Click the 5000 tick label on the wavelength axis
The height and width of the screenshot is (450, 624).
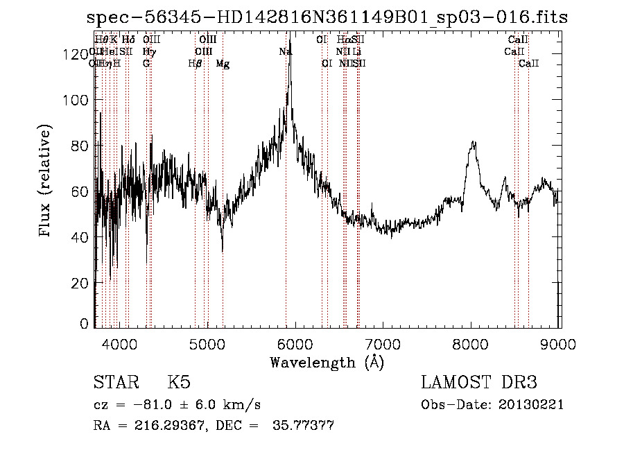click(207, 343)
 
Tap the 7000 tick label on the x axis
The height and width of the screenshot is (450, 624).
click(383, 343)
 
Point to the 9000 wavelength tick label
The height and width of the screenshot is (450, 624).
click(560, 343)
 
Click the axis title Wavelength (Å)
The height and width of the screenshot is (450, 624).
click(327, 362)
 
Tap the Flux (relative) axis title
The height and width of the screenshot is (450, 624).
click(46, 181)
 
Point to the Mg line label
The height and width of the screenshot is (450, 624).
click(223, 64)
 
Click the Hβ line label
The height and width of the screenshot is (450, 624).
click(195, 64)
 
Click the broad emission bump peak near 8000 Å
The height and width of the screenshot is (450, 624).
click(474, 143)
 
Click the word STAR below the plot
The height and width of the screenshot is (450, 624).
click(115, 383)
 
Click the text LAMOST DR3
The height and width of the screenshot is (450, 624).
click(478, 383)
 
